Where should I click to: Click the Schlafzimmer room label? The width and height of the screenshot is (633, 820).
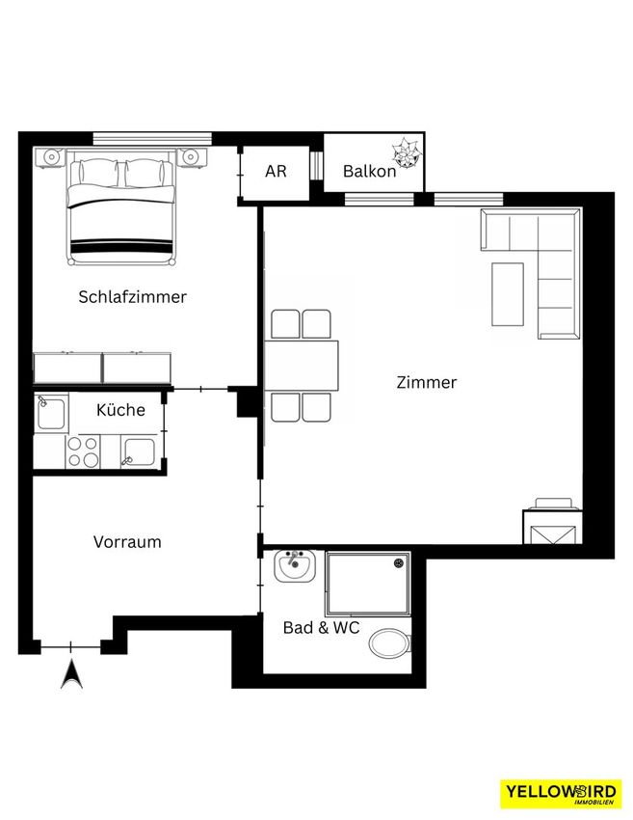pyautogui.click(x=132, y=297)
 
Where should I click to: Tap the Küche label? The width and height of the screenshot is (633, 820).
pyautogui.click(x=120, y=409)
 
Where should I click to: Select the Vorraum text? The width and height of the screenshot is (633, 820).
pyautogui.click(x=127, y=542)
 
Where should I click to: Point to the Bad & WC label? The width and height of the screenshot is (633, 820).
pyautogui.click(x=321, y=628)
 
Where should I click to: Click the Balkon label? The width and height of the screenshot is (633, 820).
pyautogui.click(x=369, y=171)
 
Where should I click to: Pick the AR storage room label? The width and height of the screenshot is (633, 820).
pyautogui.click(x=276, y=171)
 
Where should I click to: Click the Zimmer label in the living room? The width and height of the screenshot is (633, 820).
pyautogui.click(x=427, y=382)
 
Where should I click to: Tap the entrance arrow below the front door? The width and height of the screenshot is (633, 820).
pyautogui.click(x=71, y=674)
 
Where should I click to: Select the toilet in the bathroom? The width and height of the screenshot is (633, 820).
pyautogui.click(x=390, y=643)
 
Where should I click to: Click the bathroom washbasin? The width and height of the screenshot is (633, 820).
pyautogui.click(x=295, y=565)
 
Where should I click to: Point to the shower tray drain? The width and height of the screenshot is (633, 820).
pyautogui.click(x=399, y=562)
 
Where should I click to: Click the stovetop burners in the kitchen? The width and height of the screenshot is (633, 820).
pyautogui.click(x=84, y=451)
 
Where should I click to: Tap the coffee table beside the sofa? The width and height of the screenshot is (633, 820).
pyautogui.click(x=508, y=294)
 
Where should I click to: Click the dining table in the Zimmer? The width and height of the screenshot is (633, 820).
pyautogui.click(x=302, y=366)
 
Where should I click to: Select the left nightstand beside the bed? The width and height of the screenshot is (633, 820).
pyautogui.click(x=50, y=158)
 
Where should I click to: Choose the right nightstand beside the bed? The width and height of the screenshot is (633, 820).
pyautogui.click(x=191, y=157)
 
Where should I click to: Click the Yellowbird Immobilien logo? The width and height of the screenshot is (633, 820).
pyautogui.click(x=561, y=794)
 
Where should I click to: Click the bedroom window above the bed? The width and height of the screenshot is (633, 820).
pyautogui.click(x=152, y=138)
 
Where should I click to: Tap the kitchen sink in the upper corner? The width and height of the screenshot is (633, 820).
pyautogui.click(x=51, y=413)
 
